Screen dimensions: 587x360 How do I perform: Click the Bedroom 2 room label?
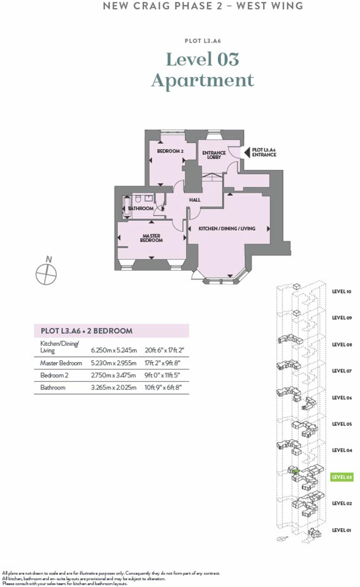(x=170, y=151)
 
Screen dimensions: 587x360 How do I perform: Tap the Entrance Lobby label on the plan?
(x=214, y=155)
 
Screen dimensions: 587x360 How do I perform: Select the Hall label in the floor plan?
(x=195, y=200)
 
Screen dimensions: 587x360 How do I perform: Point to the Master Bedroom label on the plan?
(x=151, y=238)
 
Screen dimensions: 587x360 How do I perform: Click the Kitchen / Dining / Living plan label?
(x=227, y=228)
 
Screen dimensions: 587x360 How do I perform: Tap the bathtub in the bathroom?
(x=126, y=208)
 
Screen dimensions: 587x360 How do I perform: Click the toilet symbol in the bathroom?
(x=138, y=198)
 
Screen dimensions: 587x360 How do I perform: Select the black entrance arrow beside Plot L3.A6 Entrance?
(x=247, y=152)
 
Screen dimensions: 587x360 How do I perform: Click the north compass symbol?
(x=46, y=274)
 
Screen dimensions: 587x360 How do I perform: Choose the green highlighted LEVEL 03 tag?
(x=341, y=477)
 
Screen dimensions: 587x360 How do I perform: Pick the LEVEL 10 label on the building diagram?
(x=341, y=291)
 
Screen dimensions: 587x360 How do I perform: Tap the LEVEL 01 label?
(x=341, y=530)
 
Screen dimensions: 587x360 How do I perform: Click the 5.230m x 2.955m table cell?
(x=114, y=363)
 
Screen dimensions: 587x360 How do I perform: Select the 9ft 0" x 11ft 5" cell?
(x=162, y=375)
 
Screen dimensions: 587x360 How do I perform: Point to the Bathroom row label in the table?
(x=53, y=388)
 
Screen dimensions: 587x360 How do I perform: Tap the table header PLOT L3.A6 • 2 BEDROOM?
(x=87, y=331)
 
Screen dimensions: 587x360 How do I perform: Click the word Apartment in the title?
(x=203, y=80)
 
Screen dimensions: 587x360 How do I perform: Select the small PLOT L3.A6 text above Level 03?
(x=203, y=41)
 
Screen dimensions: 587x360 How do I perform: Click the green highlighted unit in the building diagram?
(x=296, y=471)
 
